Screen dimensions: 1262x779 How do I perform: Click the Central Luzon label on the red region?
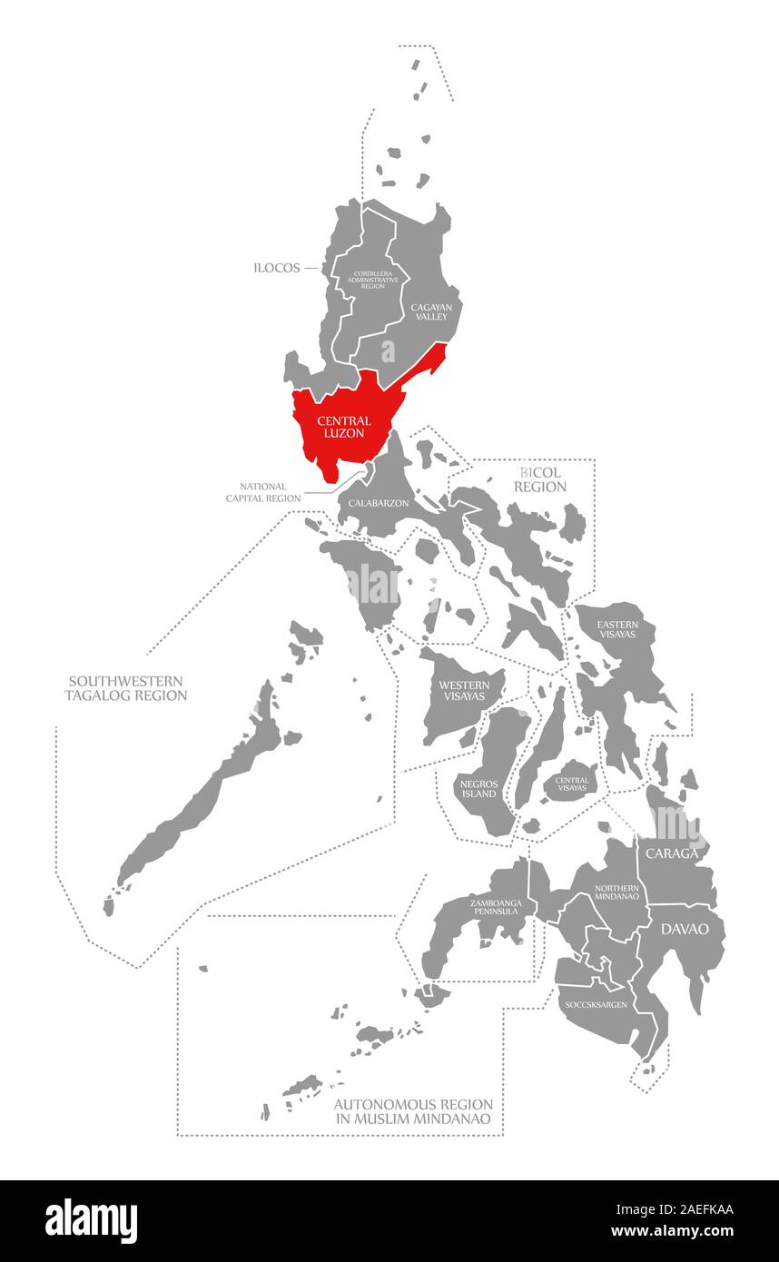343,427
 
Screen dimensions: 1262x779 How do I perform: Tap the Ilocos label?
278,268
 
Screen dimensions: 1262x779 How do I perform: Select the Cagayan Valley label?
429,312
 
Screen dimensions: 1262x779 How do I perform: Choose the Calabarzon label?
378,502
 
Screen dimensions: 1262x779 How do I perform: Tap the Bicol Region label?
540,480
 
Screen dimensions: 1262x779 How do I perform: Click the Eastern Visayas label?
617,629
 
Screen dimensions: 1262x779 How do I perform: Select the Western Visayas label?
463,691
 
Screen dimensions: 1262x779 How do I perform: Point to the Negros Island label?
478,787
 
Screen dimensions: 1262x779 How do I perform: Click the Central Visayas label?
572,784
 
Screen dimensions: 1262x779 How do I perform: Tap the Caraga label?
672,853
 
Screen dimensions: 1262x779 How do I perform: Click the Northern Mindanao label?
616,892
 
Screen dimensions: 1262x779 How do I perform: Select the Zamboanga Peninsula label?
494,906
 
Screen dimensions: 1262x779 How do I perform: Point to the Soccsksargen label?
596,1005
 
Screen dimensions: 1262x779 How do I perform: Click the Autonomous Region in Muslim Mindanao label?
413,1111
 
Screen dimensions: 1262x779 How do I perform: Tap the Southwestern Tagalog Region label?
125,688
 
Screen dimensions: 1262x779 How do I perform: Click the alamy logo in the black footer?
91,1220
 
